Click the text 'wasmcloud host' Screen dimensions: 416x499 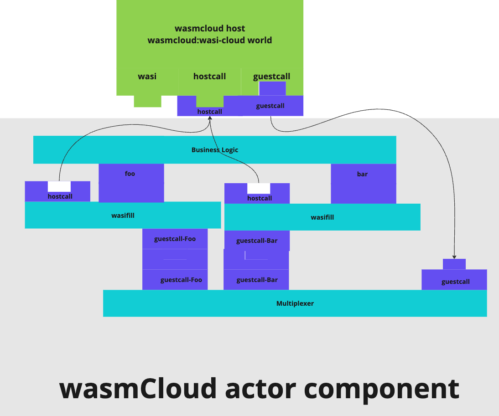tap(210, 29)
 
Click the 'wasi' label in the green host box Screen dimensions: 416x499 tap(147, 77)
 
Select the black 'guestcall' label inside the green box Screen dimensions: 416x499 tap(271, 77)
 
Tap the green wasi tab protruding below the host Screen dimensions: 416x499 tap(147, 101)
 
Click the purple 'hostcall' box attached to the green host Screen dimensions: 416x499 tap(209, 112)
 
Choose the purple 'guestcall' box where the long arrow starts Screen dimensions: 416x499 tap(270, 106)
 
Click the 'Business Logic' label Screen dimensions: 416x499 tap(214, 150)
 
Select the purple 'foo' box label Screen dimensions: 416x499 tap(130, 174)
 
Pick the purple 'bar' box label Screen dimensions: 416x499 tap(362, 174)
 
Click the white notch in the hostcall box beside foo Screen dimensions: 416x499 tap(59, 186)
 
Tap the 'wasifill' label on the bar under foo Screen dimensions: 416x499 tap(123, 215)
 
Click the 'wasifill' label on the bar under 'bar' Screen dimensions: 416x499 tap(322, 217)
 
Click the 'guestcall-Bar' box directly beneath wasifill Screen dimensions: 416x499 tap(257, 241)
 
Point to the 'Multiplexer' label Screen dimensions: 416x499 tap(295, 303)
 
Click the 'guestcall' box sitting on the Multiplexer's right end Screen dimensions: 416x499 tap(455, 281)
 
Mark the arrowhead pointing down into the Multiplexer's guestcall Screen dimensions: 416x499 tap(454, 257)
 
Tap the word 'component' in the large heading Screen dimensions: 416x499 tap(381, 389)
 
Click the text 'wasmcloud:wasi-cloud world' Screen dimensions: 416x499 tap(210, 40)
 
